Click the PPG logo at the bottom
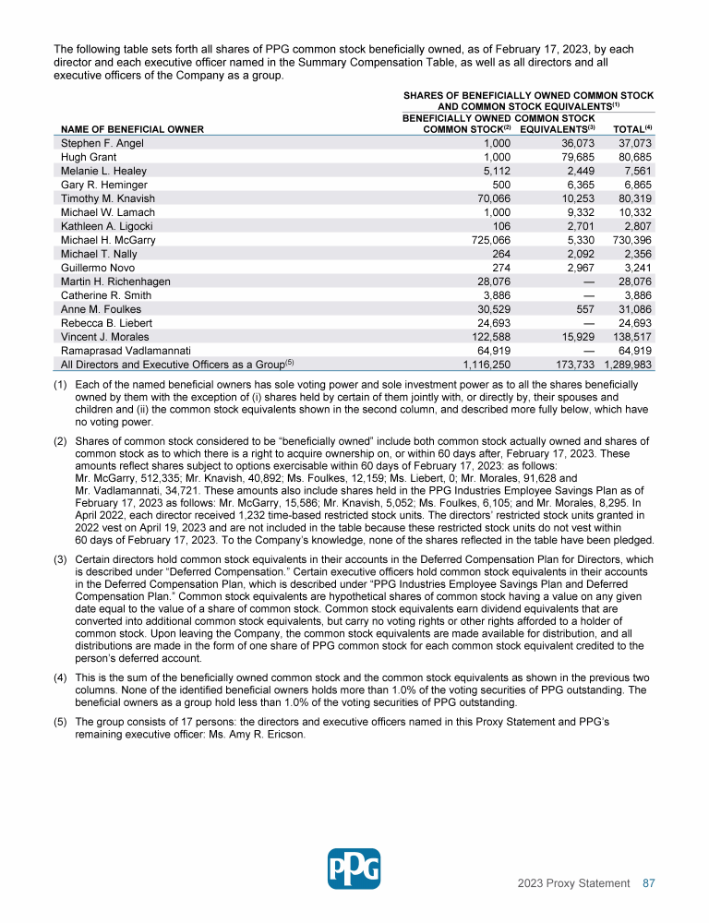pos(354,869)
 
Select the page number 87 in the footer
pos(648,883)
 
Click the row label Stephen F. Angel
pos(102,144)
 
